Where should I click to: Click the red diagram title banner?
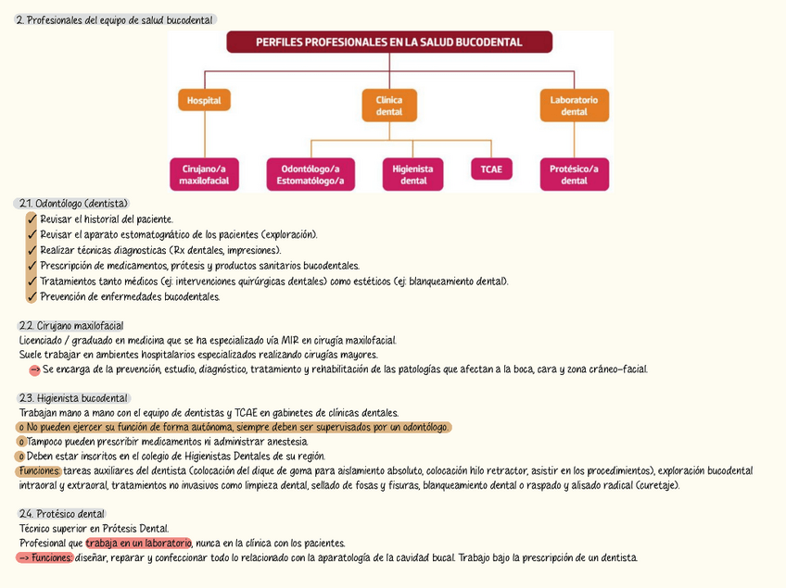(389, 42)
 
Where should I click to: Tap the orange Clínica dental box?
(389, 106)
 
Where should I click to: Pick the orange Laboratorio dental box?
(574, 106)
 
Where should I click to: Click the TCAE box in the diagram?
(491, 170)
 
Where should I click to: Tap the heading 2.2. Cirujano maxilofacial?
(70, 326)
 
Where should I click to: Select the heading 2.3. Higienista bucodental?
(74, 398)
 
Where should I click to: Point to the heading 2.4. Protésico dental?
(62, 514)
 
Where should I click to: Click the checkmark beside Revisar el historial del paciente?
(32, 219)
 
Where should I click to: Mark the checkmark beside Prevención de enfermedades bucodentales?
(32, 297)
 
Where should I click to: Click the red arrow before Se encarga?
(34, 370)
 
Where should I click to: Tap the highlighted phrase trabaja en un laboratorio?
(138, 544)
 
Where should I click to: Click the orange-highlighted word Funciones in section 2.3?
(38, 471)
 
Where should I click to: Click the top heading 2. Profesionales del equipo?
(115, 20)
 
